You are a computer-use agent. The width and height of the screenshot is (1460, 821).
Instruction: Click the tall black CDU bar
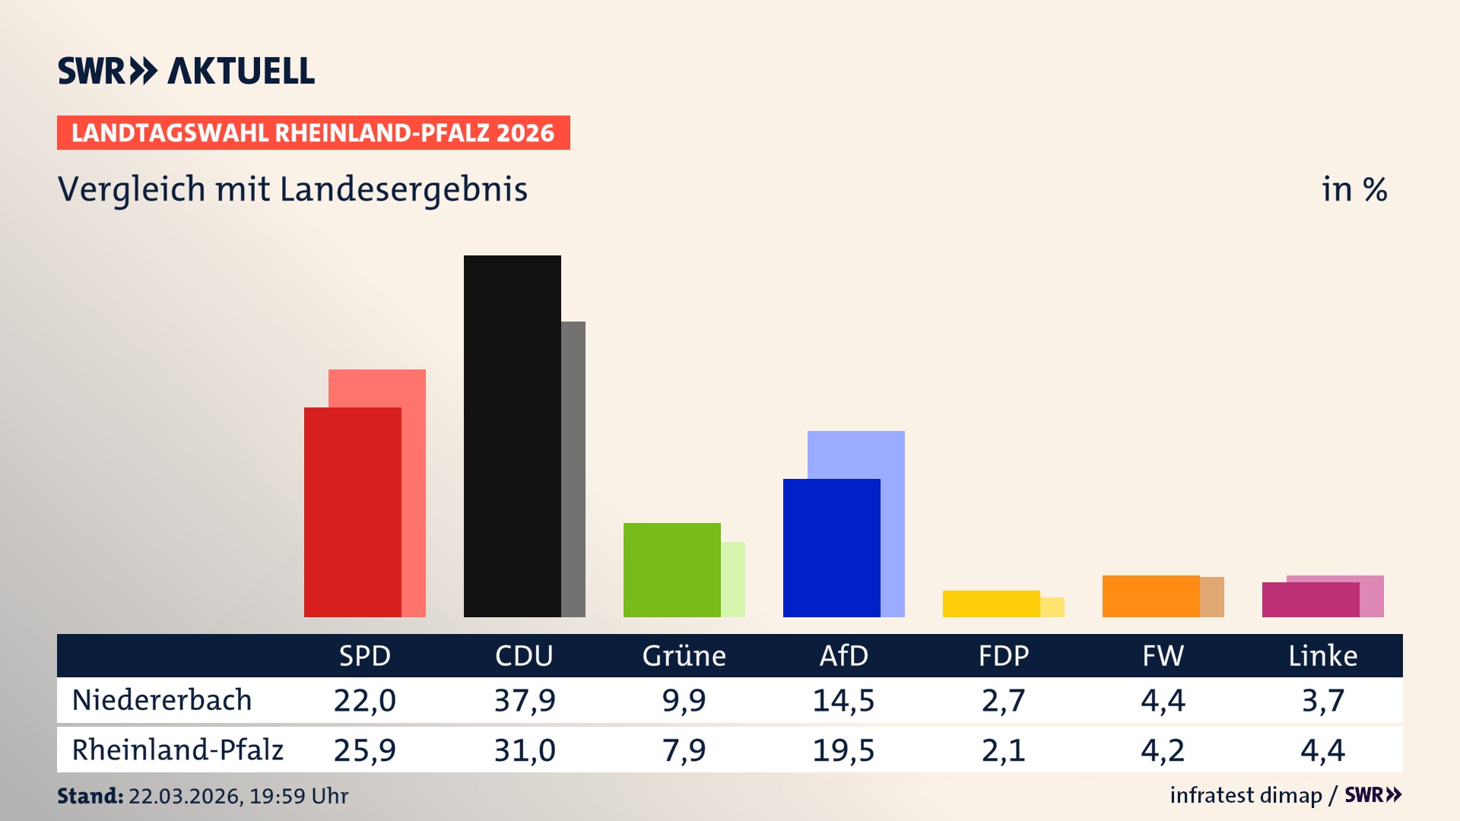tap(512, 436)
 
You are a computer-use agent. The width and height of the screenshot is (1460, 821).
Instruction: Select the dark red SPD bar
tap(352, 512)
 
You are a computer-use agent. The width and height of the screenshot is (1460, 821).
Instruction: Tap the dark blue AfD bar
tap(831, 547)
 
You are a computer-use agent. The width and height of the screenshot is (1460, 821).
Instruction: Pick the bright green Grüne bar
tap(671, 569)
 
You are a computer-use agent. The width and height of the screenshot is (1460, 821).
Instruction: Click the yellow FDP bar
tap(991, 604)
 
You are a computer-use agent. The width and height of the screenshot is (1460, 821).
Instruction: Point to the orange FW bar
tap(1151, 596)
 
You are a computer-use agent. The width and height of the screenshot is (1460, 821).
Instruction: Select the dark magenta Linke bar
tap(1310, 600)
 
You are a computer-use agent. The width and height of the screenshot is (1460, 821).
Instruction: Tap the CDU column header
tap(524, 656)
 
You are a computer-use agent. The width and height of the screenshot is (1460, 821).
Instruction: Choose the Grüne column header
tap(684, 656)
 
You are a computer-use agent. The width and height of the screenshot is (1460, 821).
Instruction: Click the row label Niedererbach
tap(162, 700)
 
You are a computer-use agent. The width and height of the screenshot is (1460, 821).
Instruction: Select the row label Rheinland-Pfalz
tap(177, 750)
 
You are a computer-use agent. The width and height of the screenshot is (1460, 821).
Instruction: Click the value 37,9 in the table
tap(525, 700)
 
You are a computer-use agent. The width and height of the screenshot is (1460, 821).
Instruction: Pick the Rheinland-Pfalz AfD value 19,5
tap(843, 750)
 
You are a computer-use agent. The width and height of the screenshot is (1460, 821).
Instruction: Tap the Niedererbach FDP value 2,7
tap(1003, 700)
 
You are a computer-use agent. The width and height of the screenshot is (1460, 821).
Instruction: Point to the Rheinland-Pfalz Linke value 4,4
tap(1322, 750)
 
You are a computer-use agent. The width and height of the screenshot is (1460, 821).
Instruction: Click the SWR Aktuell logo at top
tap(186, 71)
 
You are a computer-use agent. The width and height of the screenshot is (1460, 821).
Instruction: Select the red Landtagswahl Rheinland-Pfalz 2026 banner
tap(313, 133)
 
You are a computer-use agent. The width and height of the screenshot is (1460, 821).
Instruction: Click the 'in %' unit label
tap(1354, 190)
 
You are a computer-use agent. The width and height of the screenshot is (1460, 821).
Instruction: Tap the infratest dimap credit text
tap(1246, 795)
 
